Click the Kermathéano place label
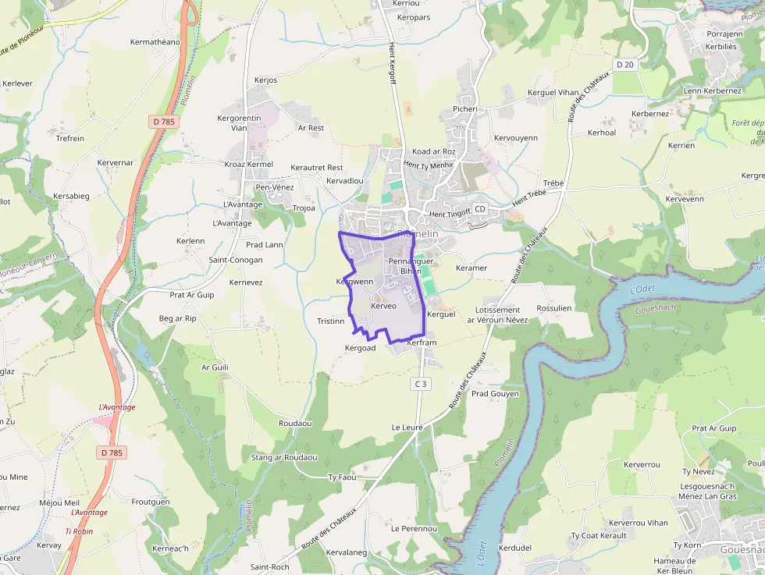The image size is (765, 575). point(155,42)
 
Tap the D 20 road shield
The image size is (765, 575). point(624,65)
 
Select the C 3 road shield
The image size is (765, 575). point(421,383)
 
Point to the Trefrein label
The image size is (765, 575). point(70,138)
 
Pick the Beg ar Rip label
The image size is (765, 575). point(178,318)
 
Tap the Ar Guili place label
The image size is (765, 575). point(215,367)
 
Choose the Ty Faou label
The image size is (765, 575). point(342,477)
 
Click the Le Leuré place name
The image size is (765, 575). point(407,428)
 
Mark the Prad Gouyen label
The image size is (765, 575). point(495,393)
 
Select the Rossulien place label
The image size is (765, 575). point(554,308)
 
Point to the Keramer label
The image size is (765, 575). point(471,268)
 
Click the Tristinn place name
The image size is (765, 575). point(331,321)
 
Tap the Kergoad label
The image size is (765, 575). point(361,348)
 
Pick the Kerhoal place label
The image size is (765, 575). point(601,133)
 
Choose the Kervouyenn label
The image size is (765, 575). point(516,138)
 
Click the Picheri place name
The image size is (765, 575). point(464,109)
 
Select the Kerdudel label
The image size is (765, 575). point(514,548)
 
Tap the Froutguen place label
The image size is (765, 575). point(151,502)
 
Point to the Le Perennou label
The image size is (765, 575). point(414,528)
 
